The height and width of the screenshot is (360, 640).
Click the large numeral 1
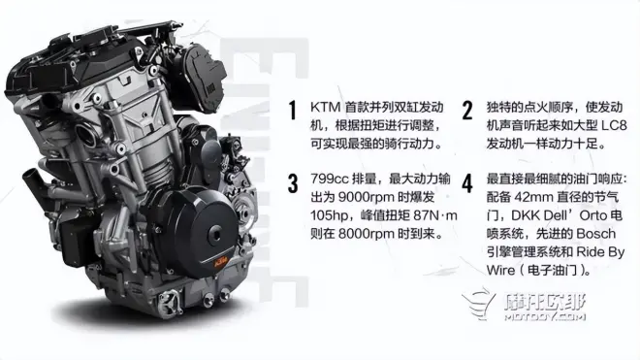tap(292, 110)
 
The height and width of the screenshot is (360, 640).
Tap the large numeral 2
tap(467, 110)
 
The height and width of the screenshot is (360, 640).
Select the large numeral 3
tap(293, 183)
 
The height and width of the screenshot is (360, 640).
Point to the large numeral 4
tap(467, 183)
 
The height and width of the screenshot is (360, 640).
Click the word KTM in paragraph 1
tap(325, 107)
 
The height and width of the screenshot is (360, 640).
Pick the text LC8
tap(614, 125)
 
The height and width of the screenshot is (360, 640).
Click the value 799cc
tap(328, 179)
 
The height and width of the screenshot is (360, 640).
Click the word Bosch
tap(595, 234)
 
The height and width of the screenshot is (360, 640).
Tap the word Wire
tap(500, 270)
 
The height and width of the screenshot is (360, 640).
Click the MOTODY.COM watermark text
tap(545, 316)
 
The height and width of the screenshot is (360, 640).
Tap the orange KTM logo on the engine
tap(220, 262)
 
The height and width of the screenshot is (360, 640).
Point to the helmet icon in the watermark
tap(478, 305)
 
